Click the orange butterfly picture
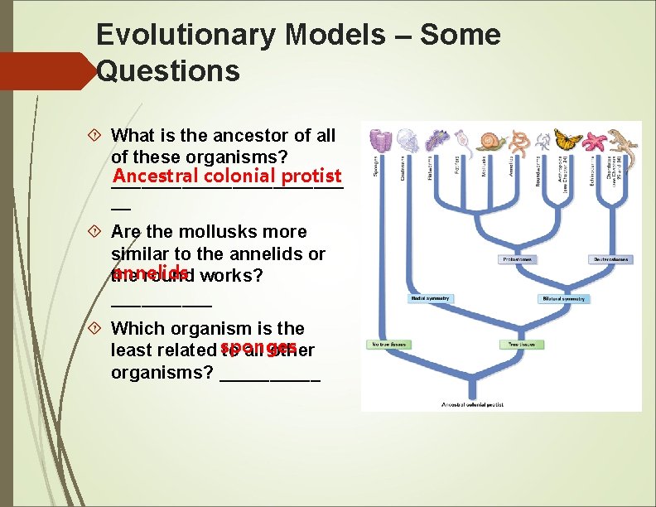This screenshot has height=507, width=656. (568, 138)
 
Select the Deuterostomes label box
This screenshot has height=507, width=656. (610, 259)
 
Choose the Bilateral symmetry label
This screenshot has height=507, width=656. (564, 298)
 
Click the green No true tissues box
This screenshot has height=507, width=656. (388, 343)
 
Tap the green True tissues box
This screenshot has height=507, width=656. (522, 343)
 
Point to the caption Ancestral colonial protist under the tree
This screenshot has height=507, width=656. (473, 405)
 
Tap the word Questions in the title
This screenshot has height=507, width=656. (168, 71)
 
